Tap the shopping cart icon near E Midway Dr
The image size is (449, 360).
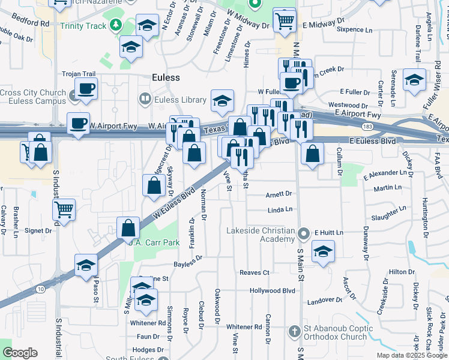click(284, 21)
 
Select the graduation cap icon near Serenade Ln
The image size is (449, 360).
click(414, 80)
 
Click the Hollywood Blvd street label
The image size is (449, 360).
click(273, 290)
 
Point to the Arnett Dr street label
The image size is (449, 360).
click(279, 194)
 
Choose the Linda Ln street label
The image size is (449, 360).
click(280, 210)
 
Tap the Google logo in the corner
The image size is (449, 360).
click(20, 352)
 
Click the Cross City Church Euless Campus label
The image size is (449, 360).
click(34, 97)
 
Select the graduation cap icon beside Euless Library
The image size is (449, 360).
click(221, 101)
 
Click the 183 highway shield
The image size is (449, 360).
click(366, 127)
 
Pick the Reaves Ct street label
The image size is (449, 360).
click(255, 272)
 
